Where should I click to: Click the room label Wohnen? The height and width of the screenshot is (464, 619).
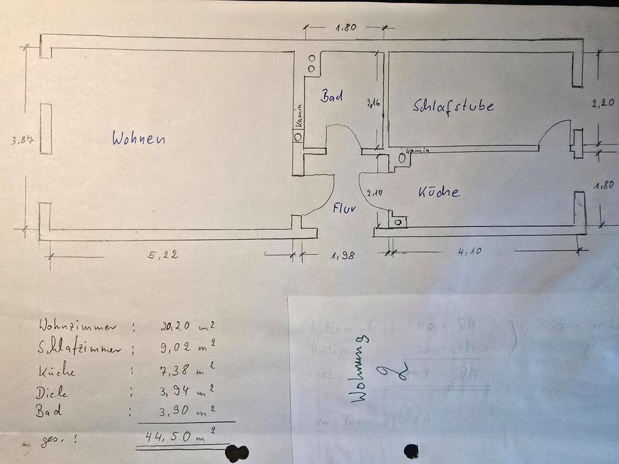(139, 138)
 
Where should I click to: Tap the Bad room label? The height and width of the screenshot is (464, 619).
(331, 97)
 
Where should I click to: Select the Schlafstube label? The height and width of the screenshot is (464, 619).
(453, 106)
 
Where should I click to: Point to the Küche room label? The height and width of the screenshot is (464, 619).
(438, 191)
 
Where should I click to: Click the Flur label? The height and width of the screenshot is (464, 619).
(345, 209)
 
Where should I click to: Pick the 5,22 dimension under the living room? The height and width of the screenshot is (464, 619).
(162, 255)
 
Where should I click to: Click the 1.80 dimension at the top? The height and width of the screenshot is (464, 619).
(346, 28)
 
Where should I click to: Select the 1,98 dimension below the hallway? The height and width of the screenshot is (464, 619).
(342, 256)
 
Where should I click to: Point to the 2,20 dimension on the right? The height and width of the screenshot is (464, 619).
(604, 102)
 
